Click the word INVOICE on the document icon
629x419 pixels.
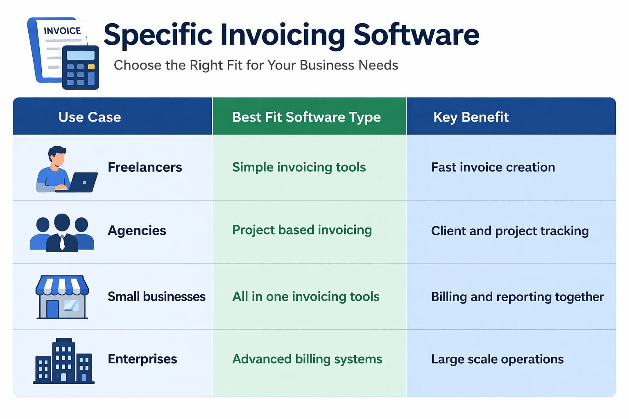click(62, 31)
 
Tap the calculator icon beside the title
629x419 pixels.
click(80, 68)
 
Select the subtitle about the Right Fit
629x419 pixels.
click(256, 65)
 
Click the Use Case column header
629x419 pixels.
click(90, 117)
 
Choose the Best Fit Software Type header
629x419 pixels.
click(306, 117)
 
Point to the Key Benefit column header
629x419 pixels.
click(471, 117)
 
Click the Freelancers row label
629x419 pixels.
click(145, 167)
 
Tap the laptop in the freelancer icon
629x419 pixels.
click(83, 182)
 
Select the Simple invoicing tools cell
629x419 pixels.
click(299, 167)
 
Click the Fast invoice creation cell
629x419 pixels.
click(493, 167)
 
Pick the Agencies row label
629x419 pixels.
click(137, 231)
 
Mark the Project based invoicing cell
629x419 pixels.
click(302, 230)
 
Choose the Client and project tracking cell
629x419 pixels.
click(509, 231)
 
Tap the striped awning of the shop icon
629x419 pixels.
click(62, 285)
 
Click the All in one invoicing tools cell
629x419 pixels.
click(305, 297)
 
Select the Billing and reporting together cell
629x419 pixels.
click(517, 297)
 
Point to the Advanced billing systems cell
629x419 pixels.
click(307, 359)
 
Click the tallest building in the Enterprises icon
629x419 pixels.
click(63, 360)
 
